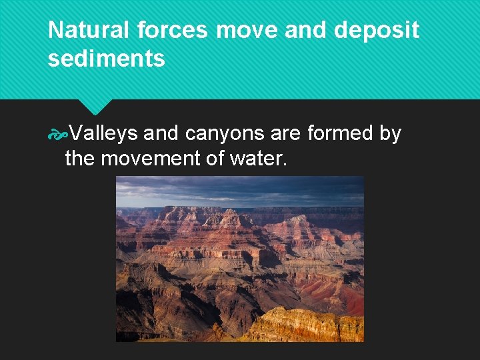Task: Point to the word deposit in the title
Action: click(379, 31)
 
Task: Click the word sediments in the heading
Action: click(107, 59)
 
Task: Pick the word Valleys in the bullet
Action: click(103, 134)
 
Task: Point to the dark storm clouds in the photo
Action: click(240, 190)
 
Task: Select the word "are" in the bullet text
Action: click(286, 134)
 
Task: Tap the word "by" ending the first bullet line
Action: click(390, 134)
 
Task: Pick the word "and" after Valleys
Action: click(161, 134)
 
